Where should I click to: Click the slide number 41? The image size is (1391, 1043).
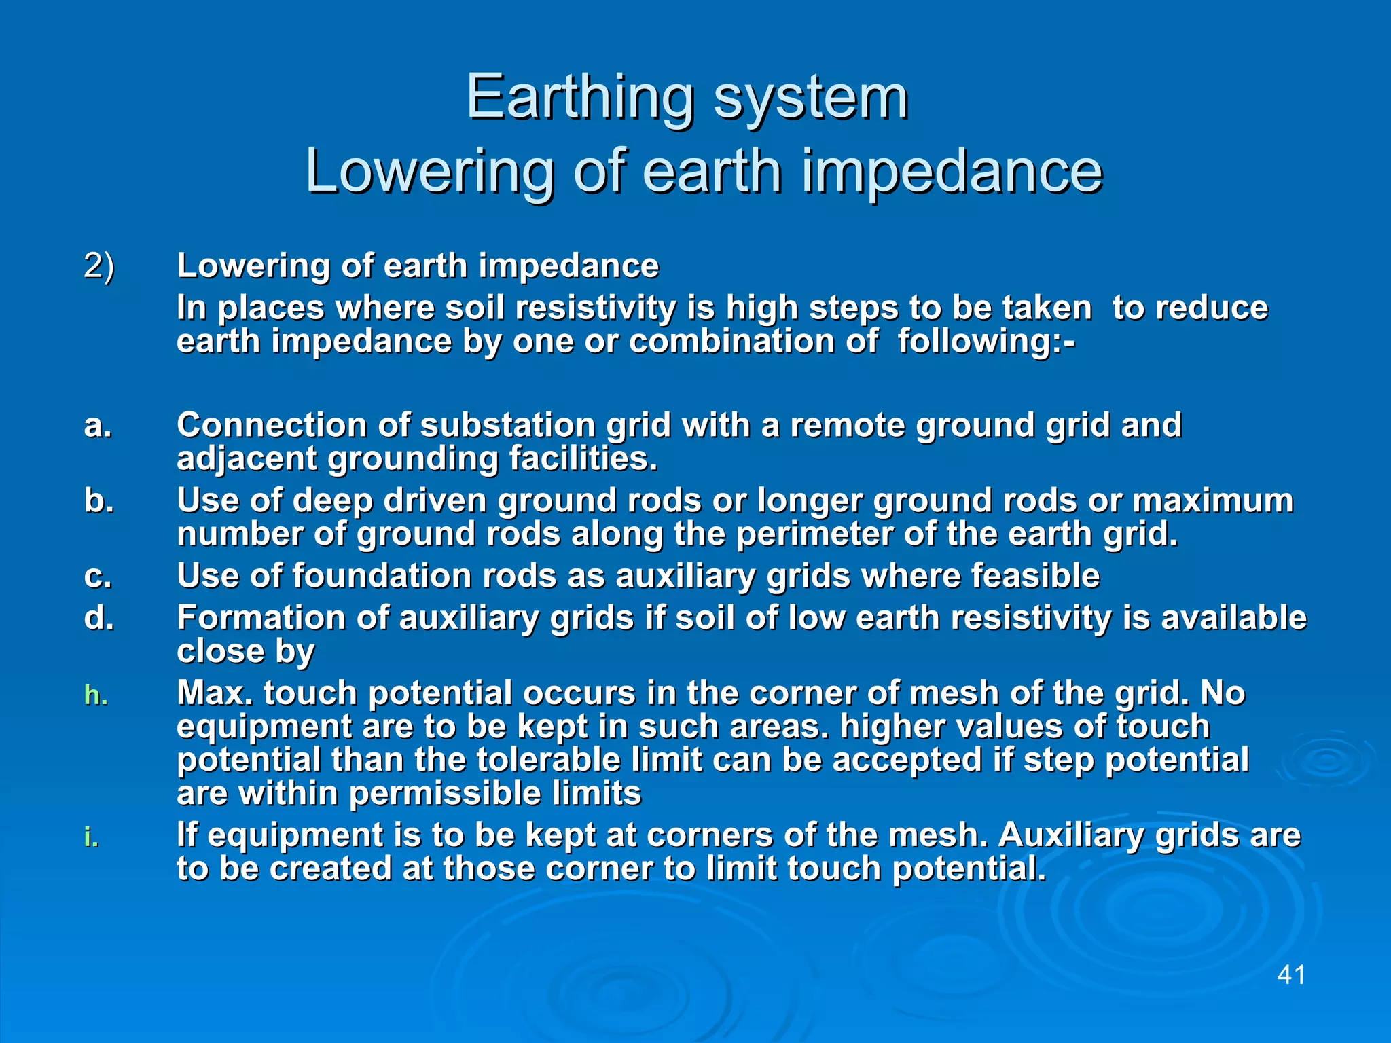point(1291,975)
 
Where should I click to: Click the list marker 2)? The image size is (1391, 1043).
point(99,266)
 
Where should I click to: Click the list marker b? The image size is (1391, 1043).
point(98,501)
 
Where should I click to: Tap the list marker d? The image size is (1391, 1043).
point(98,619)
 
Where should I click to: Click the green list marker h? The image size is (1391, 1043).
point(96,695)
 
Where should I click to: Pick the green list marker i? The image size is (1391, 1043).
point(91,837)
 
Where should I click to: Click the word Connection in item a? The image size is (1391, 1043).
point(271,426)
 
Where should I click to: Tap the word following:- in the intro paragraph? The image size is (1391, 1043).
point(986,341)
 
